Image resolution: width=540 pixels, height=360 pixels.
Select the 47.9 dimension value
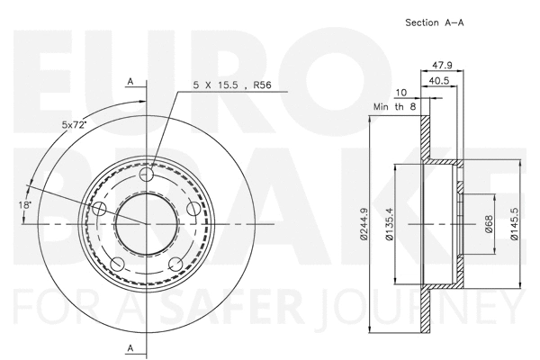coord(441,65)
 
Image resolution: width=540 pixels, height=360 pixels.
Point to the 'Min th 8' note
coord(395,107)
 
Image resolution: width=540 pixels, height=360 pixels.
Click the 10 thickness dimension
coord(400,93)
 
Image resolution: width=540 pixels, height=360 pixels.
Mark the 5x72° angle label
coord(73,124)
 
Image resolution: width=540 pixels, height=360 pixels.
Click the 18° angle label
coord(24,205)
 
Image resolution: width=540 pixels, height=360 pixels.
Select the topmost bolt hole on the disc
coord(148,173)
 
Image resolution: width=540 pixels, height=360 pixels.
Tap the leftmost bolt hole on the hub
coord(100,208)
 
